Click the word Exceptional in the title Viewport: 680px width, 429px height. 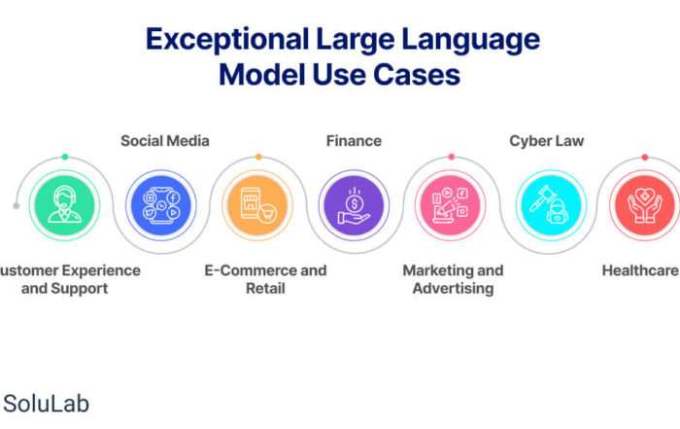[227, 40]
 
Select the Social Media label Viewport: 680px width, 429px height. [165, 141]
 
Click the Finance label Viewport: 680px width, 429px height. [354, 141]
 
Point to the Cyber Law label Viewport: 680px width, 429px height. [546, 141]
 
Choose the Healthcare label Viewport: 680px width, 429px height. [640, 270]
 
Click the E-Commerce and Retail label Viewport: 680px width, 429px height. [265, 279]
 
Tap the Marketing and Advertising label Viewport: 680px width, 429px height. [454, 279]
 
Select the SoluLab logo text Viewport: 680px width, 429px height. [46, 404]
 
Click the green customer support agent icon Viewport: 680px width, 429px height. [65, 205]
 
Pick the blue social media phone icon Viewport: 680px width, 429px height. [161, 205]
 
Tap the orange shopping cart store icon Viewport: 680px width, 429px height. [257, 205]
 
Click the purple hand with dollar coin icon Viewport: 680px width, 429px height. [354, 205]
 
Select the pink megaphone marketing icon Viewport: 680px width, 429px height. [451, 205]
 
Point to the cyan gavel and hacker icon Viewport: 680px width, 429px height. [551, 205]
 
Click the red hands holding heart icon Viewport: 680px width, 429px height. [645, 205]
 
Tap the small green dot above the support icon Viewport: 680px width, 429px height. [65, 157]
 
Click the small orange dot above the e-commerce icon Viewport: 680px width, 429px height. [258, 157]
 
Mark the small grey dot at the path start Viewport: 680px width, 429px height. [17, 206]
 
